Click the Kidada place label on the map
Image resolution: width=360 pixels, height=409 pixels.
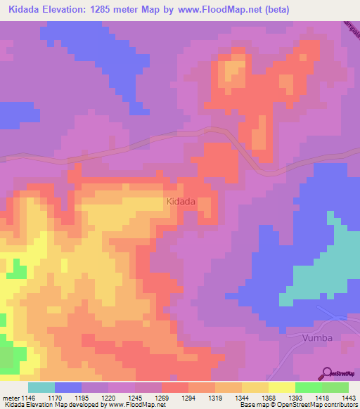tap(181, 202)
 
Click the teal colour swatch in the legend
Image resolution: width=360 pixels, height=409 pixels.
tap(41, 387)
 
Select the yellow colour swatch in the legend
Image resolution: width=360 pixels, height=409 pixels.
tap(281, 387)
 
